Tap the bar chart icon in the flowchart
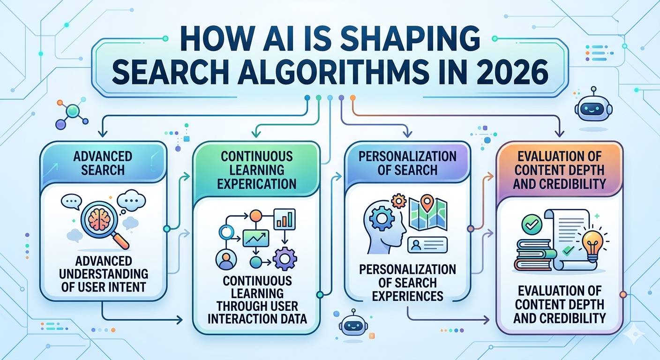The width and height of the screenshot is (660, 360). tap(285, 219)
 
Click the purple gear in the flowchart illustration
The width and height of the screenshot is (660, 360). tap(285, 259)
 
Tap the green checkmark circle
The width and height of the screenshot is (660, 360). tap(532, 225)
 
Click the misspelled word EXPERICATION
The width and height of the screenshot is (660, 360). tap(256, 184)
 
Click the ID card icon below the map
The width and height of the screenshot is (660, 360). tap(427, 245)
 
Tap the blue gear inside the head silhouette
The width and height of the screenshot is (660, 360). tap(382, 218)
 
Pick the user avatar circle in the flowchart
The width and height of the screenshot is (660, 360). tap(226, 259)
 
